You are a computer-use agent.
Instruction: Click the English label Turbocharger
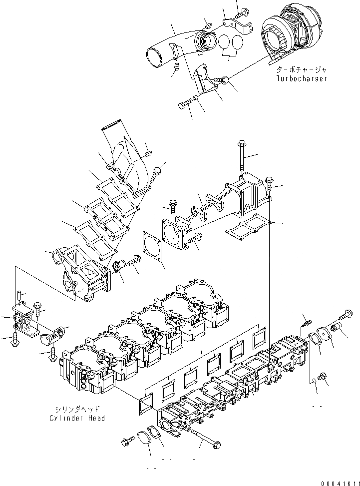[302, 79]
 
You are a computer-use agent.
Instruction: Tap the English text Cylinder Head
[77, 418]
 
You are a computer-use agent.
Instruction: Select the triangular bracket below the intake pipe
[205, 81]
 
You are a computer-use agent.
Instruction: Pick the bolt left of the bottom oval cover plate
[126, 441]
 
